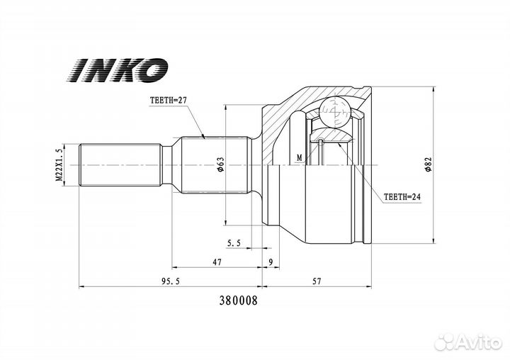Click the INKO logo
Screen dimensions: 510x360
click(x=117, y=69)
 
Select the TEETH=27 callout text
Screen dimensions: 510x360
click(x=169, y=100)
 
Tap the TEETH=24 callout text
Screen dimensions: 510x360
click(x=402, y=197)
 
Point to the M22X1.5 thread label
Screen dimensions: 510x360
click(x=59, y=164)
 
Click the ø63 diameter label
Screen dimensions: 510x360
click(x=220, y=164)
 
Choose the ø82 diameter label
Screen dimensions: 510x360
click(x=427, y=164)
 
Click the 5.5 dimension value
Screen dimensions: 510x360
click(x=234, y=243)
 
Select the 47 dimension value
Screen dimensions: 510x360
click(x=217, y=261)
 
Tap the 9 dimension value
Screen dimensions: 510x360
click(x=271, y=261)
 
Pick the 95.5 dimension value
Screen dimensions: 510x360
click(x=171, y=281)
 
